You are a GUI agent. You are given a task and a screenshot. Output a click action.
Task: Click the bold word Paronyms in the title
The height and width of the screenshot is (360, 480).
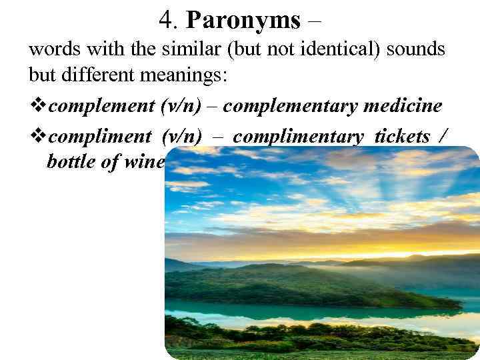[243, 21]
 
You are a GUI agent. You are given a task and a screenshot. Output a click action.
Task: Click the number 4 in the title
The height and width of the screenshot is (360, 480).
[167, 21]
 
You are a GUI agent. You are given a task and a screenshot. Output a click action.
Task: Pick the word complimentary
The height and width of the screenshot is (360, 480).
[298, 137]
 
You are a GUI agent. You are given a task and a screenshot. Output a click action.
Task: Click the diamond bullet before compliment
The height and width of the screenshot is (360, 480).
[38, 137]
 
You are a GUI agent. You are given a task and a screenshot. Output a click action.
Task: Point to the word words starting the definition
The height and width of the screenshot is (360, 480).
[50, 50]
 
